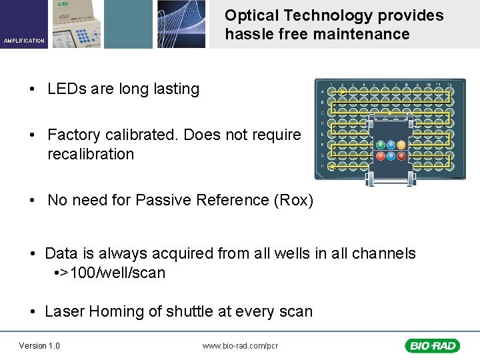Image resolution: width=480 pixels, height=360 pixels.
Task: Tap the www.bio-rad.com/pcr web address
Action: tap(240, 345)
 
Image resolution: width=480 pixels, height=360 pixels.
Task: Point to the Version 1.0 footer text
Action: tap(39, 345)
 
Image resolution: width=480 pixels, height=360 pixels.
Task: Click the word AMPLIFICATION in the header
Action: tap(24, 41)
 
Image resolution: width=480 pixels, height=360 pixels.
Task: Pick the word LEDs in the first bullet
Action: tap(65, 89)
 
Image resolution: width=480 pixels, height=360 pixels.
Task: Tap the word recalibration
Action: tap(91, 154)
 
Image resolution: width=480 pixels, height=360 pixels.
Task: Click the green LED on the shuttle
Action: tap(380, 145)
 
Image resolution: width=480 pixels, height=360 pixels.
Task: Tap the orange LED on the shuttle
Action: tap(401, 145)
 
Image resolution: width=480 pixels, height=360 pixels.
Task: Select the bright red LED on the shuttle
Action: tap(380, 156)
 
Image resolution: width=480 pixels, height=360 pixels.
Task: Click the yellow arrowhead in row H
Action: tap(331, 167)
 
